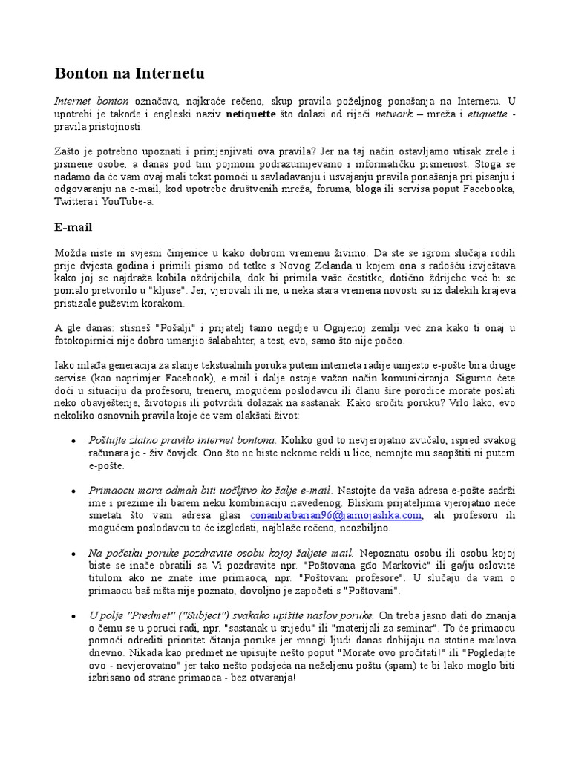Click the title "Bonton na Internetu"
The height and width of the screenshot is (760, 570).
pyautogui.click(x=129, y=73)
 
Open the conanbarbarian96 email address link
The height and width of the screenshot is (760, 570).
pyautogui.click(x=336, y=514)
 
